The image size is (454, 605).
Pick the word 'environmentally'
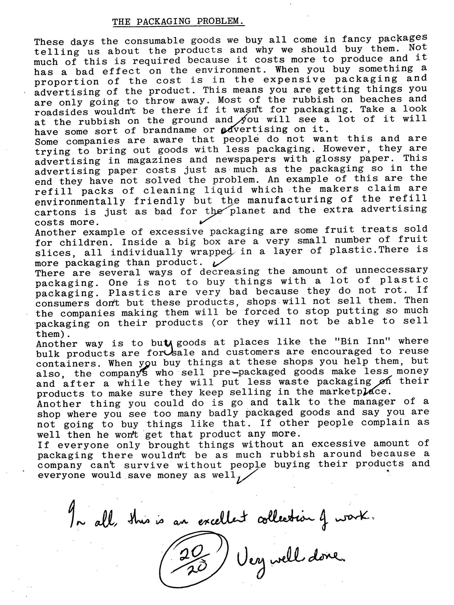pyautogui.click(x=80, y=201)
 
